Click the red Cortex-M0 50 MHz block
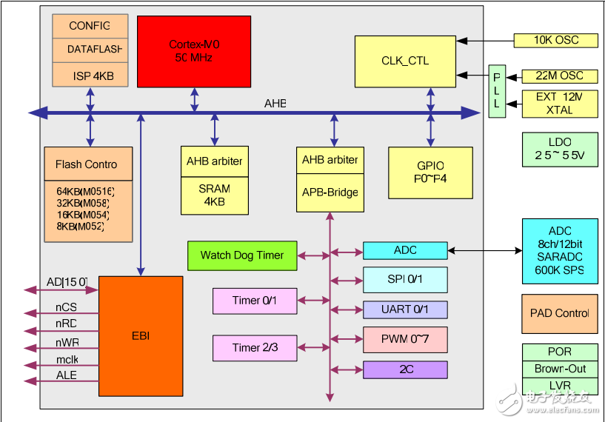coord(194,50)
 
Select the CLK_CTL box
coord(405,61)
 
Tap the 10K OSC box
coord(556,40)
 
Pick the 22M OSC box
coord(559,76)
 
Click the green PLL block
coord(497,91)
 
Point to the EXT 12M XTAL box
coord(559,103)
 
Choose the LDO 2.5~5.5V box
coord(559,150)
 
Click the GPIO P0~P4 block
coord(430,172)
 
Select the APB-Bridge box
coord(330,192)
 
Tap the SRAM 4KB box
coord(214,195)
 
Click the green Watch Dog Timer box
coord(241,255)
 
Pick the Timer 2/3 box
coord(255,347)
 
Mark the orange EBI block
coord(141,336)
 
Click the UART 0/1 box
coord(405,309)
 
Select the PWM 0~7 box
coord(405,339)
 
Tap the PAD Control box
coord(559,313)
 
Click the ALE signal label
coord(67,376)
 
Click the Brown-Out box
coord(559,369)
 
